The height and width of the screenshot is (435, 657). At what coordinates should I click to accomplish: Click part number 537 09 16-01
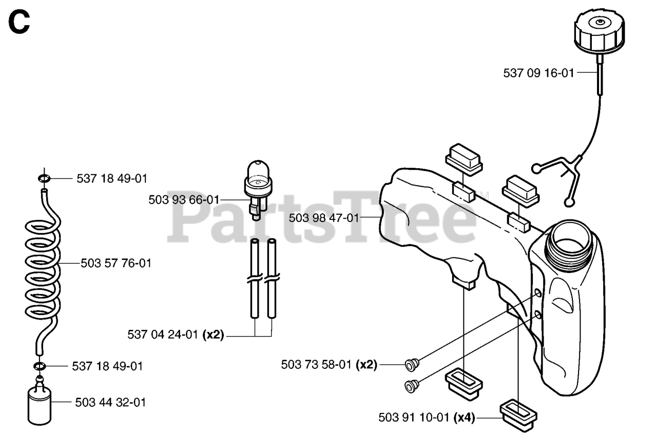[x=538, y=73]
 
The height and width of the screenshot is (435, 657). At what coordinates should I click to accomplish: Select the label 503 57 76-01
[x=116, y=263]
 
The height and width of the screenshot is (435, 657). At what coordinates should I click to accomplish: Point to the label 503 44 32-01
[x=110, y=403]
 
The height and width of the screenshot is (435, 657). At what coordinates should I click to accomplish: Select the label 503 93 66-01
[x=184, y=200]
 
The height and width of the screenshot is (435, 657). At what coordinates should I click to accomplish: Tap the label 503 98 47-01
[x=324, y=217]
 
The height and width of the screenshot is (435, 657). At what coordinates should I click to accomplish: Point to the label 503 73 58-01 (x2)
[x=329, y=365]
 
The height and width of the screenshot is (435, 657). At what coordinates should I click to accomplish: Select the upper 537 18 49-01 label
[x=112, y=179]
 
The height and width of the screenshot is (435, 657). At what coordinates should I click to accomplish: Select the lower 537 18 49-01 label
[x=108, y=366]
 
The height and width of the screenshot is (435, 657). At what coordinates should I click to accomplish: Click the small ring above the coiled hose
[x=44, y=179]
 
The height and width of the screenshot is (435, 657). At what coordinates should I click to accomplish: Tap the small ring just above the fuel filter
[x=40, y=366]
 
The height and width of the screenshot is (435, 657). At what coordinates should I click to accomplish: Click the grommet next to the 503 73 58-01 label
[x=411, y=365]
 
